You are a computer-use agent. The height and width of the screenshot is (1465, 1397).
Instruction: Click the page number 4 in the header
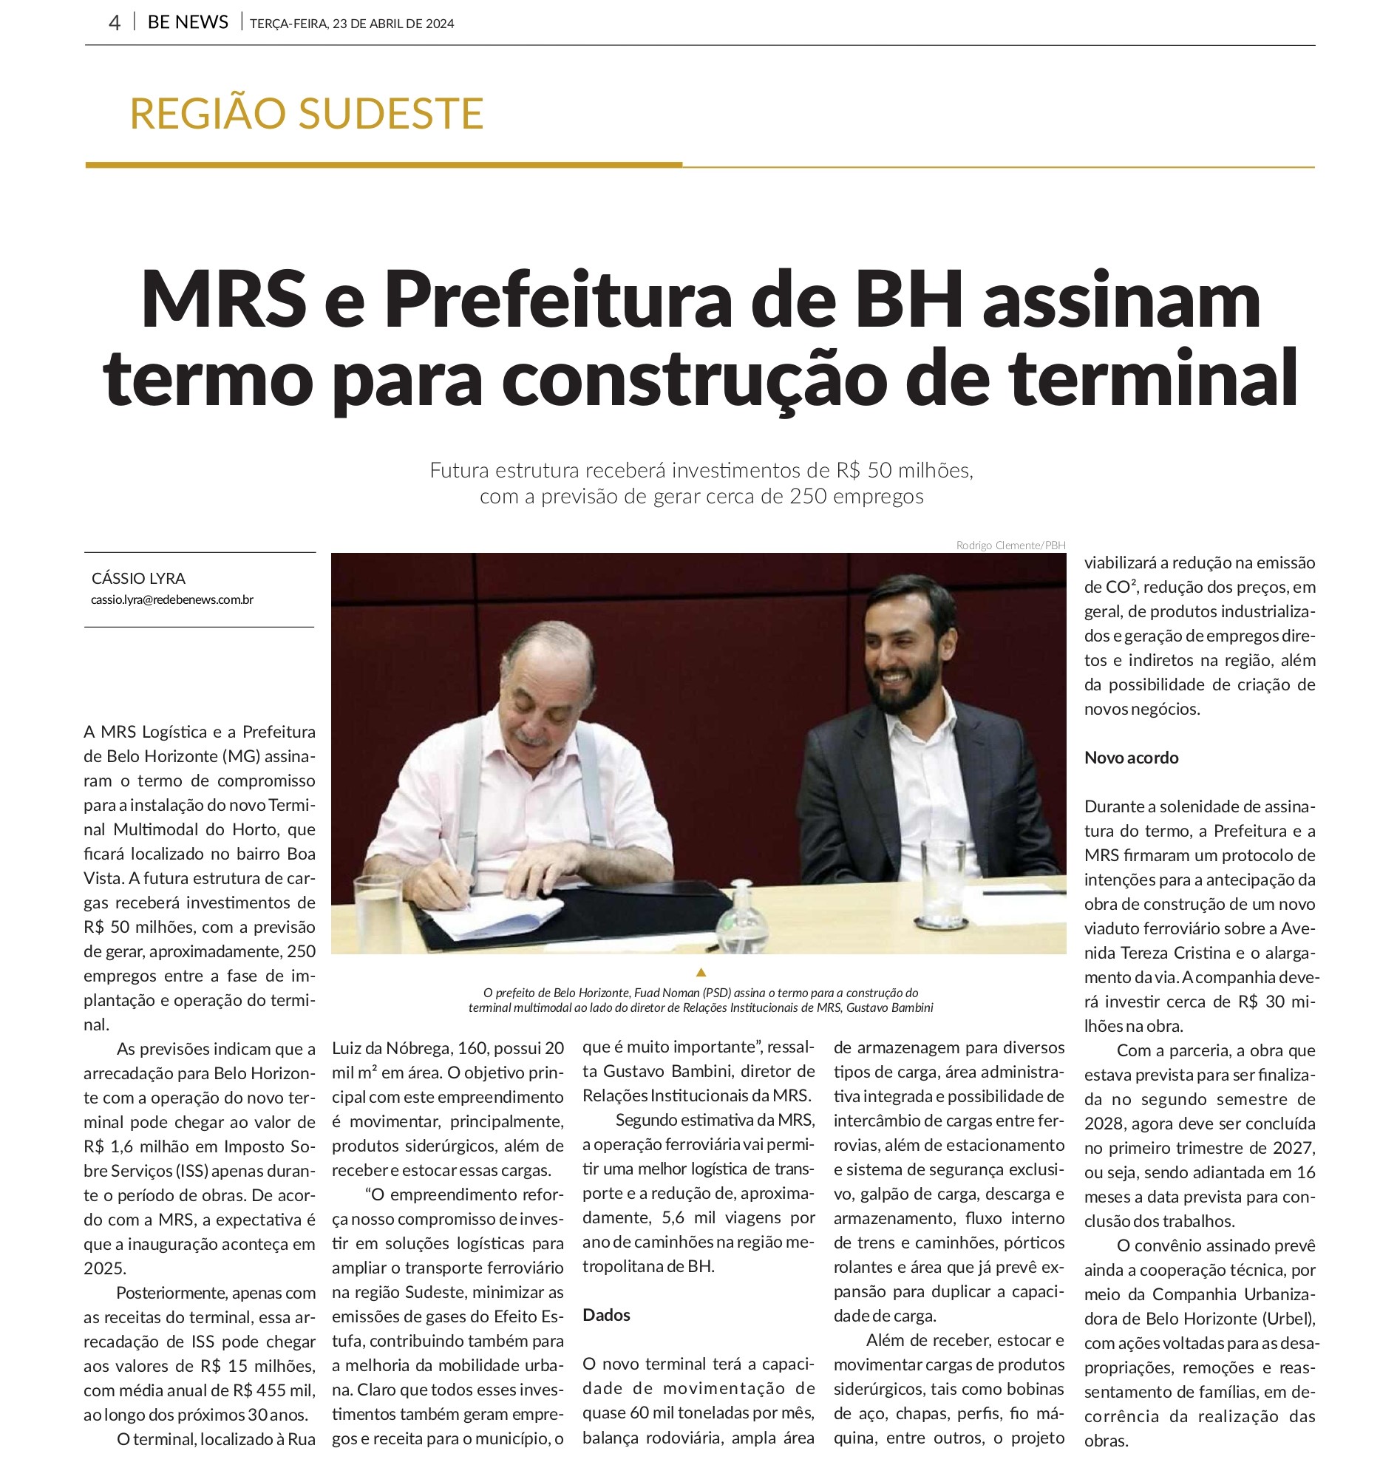(114, 23)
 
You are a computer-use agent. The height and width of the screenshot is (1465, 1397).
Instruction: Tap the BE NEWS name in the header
(188, 22)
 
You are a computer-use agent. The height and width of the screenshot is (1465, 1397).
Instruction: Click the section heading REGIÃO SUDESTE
(306, 113)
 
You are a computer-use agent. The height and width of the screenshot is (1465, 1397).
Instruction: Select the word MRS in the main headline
(222, 299)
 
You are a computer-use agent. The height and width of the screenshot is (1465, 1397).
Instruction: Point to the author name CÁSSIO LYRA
(138, 579)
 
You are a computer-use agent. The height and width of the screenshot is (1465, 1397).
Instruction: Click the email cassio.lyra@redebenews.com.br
(172, 599)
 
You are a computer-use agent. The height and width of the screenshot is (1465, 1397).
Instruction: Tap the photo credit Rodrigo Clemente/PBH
(1010, 545)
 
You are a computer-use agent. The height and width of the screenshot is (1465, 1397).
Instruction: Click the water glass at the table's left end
(378, 914)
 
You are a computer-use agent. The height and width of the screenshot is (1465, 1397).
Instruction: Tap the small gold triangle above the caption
(700, 972)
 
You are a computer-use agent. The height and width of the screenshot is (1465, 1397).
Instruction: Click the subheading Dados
(606, 1314)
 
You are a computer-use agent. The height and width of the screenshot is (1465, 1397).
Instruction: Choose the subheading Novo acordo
(1131, 758)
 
